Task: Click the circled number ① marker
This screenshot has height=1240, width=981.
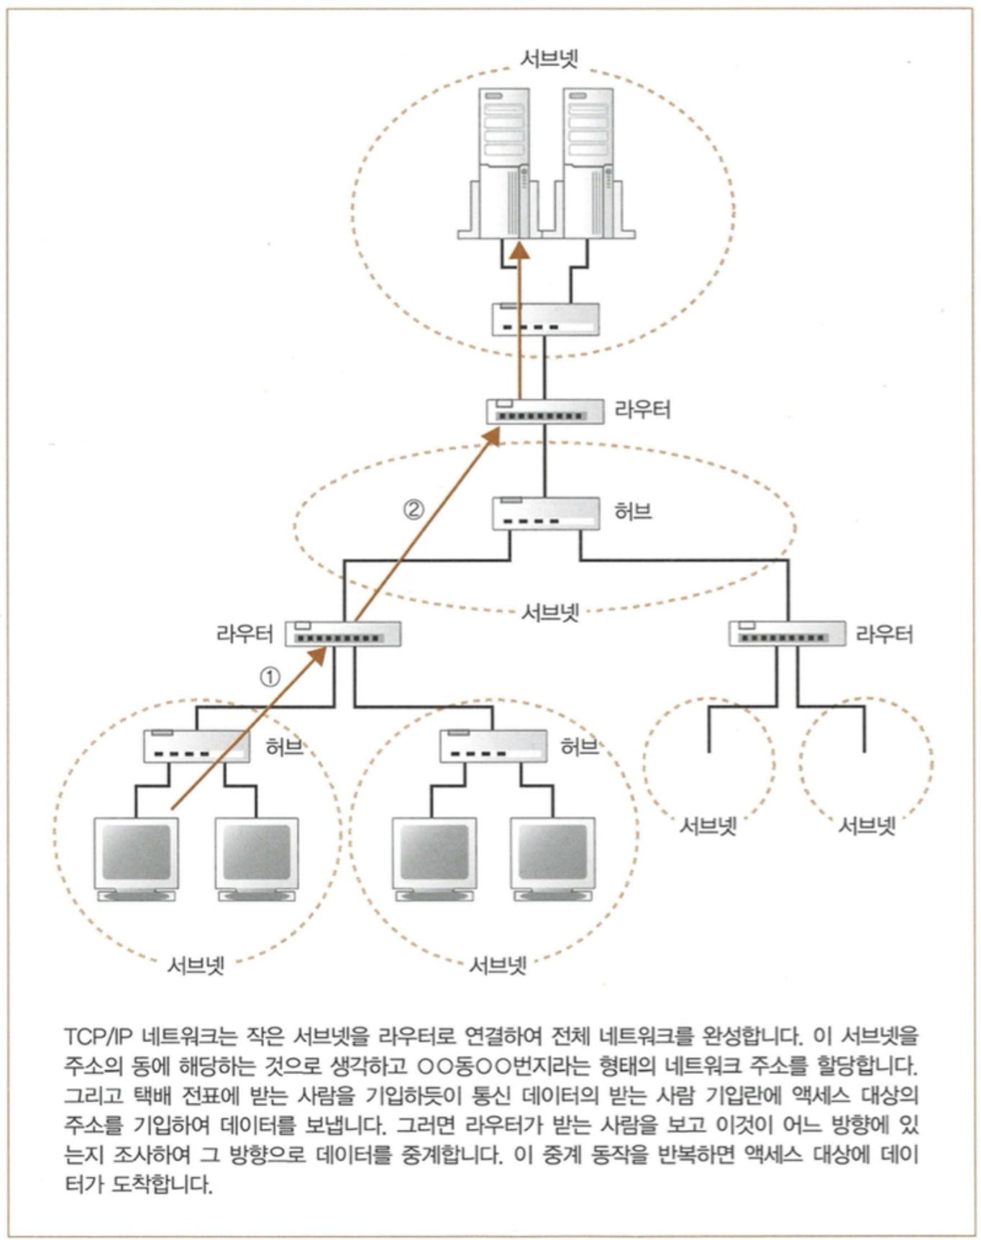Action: tap(269, 677)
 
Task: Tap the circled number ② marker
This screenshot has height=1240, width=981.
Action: tap(413, 510)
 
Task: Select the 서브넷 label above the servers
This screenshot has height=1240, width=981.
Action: tap(549, 58)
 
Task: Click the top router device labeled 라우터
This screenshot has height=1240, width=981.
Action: tap(544, 411)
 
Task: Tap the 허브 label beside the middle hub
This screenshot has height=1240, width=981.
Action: tap(633, 511)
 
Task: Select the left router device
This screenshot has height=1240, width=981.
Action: tap(343, 634)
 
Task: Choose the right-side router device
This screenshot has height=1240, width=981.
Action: tap(787, 634)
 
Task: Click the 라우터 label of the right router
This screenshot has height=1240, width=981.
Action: tap(884, 634)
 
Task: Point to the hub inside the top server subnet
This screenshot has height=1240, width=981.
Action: tap(545, 319)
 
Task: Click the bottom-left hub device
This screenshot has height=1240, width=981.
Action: tap(196, 746)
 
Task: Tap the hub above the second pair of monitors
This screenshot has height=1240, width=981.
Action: tap(493, 746)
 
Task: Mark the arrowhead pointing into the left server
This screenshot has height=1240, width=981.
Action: tap(519, 250)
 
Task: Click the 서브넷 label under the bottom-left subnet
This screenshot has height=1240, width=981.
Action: tap(196, 965)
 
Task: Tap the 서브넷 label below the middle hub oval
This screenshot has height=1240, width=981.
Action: tap(549, 612)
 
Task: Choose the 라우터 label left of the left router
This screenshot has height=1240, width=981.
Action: tap(245, 634)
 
